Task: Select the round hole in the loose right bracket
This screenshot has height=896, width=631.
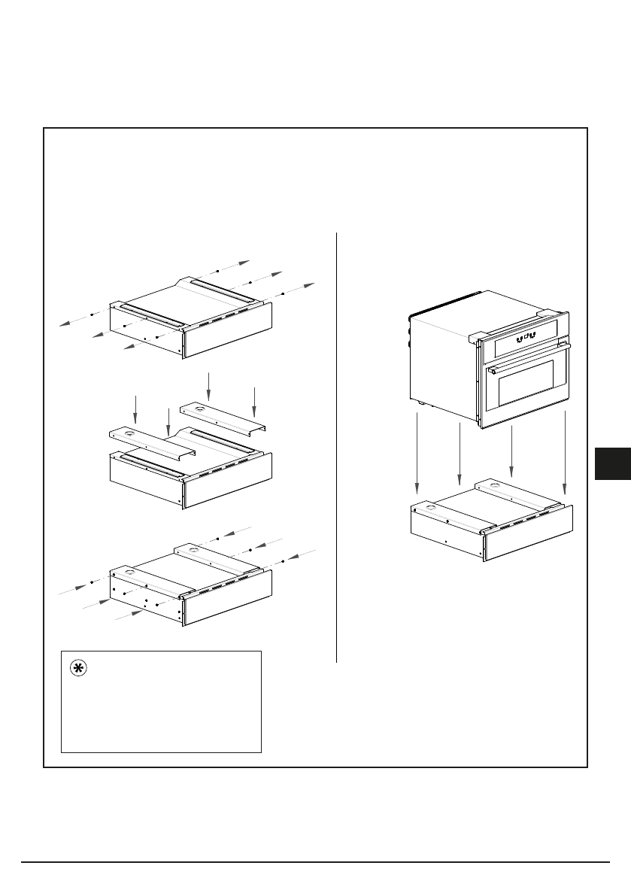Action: (x=198, y=409)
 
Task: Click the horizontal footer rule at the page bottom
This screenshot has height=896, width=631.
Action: (x=315, y=862)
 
